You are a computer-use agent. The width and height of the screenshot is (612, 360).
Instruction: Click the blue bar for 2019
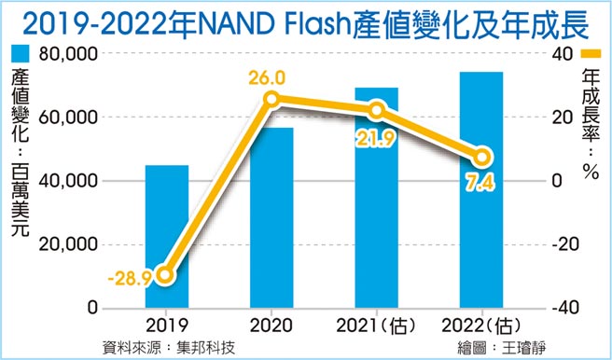click(166, 237)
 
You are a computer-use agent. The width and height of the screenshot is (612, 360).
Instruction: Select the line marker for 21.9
click(376, 112)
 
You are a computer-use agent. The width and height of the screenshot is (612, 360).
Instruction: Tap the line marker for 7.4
click(481, 158)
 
